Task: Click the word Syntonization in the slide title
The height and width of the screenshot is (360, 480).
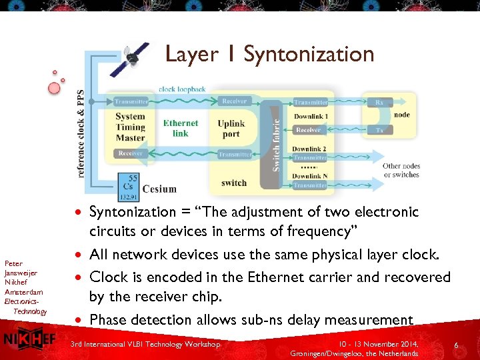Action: tap(309, 54)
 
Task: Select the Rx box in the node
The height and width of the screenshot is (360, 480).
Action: tap(379, 102)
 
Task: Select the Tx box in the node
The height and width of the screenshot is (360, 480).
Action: tap(379, 130)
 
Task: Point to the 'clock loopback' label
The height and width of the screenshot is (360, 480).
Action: tap(182, 89)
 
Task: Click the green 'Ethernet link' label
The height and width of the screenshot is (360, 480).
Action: tap(181, 128)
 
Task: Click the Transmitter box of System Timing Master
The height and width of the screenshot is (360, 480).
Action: tap(131, 101)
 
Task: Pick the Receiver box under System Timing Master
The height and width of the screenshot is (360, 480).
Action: tap(131, 153)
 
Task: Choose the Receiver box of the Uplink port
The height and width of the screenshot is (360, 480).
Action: tap(235, 101)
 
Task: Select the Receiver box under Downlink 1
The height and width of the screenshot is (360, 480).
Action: tap(309, 130)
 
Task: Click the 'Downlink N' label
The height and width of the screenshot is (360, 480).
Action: tap(309, 176)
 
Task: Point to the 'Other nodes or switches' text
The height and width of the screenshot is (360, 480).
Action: tap(401, 171)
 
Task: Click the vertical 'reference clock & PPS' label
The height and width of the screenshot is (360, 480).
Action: tap(81, 133)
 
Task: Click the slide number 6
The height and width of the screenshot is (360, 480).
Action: tap(456, 345)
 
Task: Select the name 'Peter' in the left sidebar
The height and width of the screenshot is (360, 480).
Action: tap(13, 263)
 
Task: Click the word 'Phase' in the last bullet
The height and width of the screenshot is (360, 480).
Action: tap(108, 320)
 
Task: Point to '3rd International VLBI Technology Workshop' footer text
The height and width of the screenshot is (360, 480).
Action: tap(145, 344)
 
